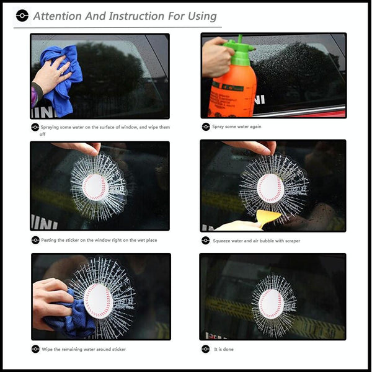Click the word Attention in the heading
click(58, 16)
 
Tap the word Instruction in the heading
click(136, 16)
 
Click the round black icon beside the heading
click(22, 15)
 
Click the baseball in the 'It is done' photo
click(271, 304)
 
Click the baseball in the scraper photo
click(271, 188)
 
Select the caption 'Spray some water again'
click(237, 126)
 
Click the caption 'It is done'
click(224, 349)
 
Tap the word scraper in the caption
click(293, 241)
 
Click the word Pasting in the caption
click(48, 240)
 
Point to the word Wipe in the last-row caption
click(47, 349)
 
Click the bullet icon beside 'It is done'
click(205, 349)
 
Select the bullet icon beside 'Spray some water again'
click(206, 127)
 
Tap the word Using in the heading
click(202, 17)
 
